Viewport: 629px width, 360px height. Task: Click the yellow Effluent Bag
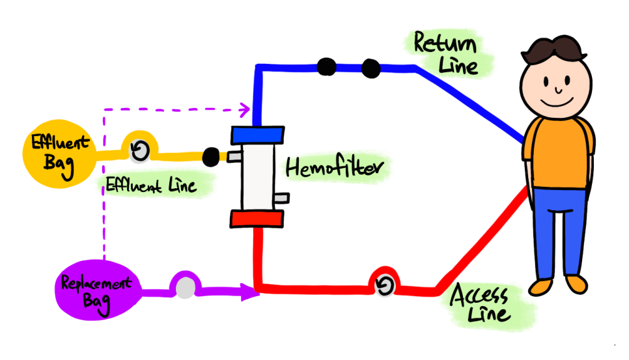coord(59,154)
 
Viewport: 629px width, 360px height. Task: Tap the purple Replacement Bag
coord(99,290)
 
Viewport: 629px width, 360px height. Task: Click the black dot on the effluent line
coord(211,157)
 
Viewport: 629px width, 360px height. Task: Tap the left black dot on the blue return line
coord(326,66)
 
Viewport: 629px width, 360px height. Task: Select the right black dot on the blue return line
coord(370,68)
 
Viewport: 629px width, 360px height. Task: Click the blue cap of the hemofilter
coord(258,135)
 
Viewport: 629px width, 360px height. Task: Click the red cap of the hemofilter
coord(257,219)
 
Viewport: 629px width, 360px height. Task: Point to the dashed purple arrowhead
coord(245,109)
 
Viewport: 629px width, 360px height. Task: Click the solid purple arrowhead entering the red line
coord(250,292)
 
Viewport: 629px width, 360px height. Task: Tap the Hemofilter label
coord(335,167)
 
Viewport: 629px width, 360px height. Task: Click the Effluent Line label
coord(151,186)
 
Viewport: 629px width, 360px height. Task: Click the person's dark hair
coord(553,49)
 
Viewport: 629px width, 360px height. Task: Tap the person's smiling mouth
coord(556,103)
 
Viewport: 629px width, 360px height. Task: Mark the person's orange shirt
coord(558,153)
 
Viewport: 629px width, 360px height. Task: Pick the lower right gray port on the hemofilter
coord(281,198)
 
